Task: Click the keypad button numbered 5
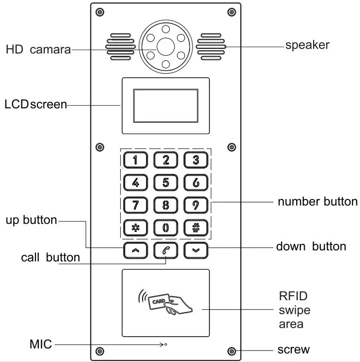166,182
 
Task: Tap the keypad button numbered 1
135,160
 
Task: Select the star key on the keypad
135,227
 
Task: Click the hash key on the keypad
196,227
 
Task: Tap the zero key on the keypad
166,227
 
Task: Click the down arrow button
195,251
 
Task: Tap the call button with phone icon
166,251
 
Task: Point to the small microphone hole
166,344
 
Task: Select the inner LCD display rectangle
166,105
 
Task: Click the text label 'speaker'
307,45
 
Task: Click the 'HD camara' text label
38,49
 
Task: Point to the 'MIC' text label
40,344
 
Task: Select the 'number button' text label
317,202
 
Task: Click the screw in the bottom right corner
231,351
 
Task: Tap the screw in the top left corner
100,11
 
